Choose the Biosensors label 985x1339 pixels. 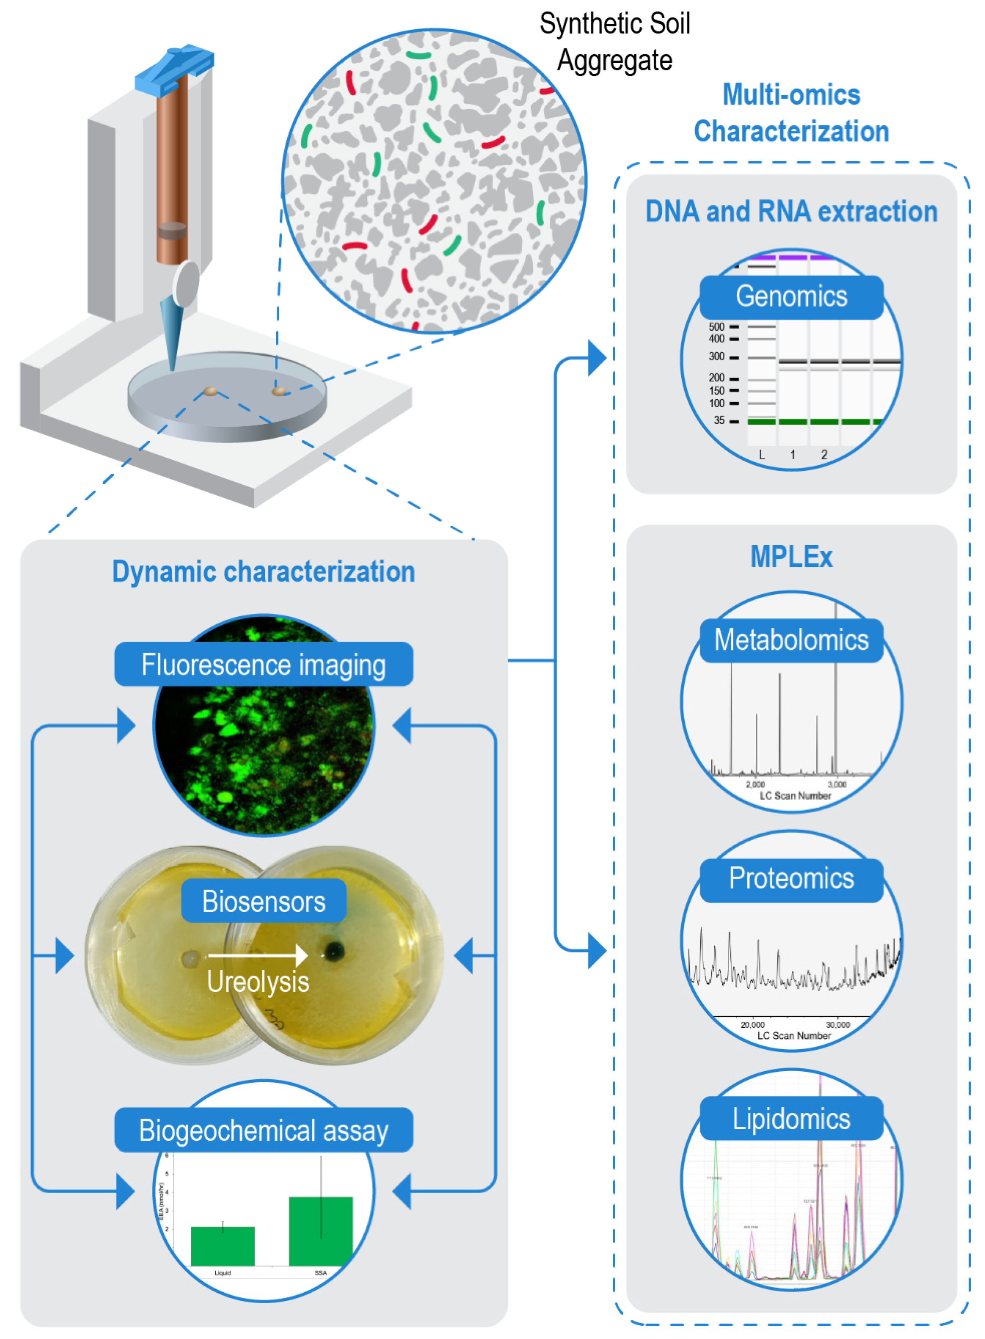pos(263,901)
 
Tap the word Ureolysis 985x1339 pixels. pos(258,982)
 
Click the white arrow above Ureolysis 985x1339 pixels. pos(258,956)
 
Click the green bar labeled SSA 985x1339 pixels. pos(321,1231)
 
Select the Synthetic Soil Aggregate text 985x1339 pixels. pos(614,42)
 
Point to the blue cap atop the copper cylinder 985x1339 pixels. pos(174,69)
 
